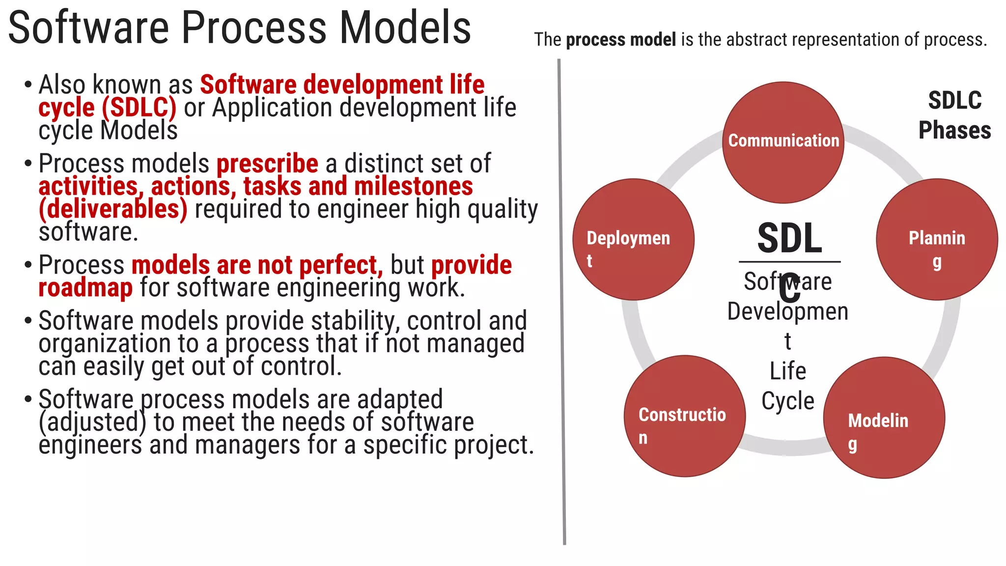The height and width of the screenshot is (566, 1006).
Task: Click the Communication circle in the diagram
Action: coord(783,142)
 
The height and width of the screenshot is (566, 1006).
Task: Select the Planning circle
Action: coord(937,239)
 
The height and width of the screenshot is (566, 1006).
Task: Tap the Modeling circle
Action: coord(884,418)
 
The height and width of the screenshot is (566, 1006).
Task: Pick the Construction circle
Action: coord(685,416)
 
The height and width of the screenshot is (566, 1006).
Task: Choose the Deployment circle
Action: coord(633,239)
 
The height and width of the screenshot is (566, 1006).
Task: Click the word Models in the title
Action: coord(405,28)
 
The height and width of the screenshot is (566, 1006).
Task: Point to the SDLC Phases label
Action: coord(954,115)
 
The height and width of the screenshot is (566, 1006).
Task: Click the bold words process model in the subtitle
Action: coord(621,40)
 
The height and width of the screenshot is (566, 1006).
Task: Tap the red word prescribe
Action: coord(267,164)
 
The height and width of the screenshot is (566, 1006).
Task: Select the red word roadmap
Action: coord(85,288)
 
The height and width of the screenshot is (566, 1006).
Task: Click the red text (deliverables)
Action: coord(113,209)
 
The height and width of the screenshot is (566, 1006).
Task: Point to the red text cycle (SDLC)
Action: coord(107,108)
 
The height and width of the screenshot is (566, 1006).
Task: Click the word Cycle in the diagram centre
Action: coord(787,401)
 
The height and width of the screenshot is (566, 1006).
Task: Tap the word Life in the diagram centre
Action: coord(787,371)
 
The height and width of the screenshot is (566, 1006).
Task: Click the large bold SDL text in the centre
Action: coord(789,239)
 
